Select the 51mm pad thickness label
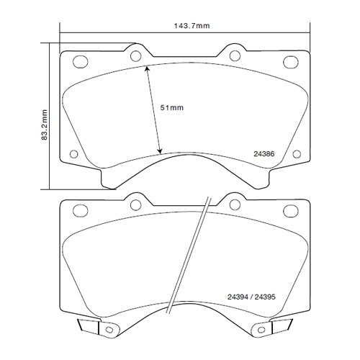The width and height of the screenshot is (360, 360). point(172,107)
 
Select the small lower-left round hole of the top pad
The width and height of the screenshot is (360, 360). point(74,153)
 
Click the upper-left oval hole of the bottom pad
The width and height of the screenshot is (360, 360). point(75,210)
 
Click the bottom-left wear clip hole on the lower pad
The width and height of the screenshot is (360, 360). point(110,330)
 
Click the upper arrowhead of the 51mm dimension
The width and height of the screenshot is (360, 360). point(147,68)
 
